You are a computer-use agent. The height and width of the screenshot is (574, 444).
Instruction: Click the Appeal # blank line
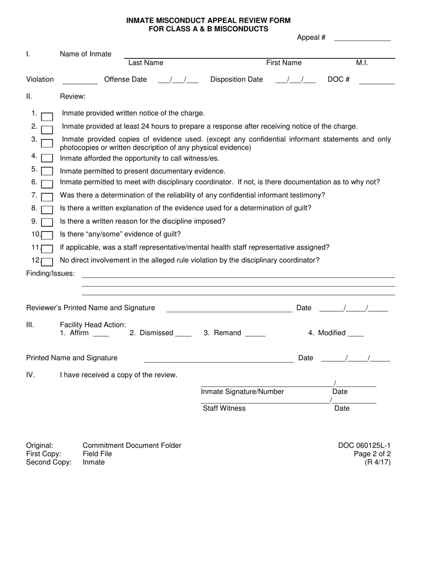click(362, 39)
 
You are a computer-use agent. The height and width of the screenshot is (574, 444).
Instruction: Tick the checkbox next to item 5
click(47, 171)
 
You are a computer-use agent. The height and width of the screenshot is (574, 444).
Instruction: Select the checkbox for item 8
click(47, 210)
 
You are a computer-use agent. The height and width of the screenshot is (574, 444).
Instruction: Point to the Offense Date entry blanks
click(178, 80)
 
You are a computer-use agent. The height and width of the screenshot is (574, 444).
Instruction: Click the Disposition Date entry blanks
click(295, 80)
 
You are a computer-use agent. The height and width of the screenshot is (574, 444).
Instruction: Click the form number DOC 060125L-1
click(364, 446)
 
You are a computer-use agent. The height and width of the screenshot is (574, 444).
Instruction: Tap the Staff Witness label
click(224, 408)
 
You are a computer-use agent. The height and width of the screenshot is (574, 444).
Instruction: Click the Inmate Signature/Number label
click(242, 392)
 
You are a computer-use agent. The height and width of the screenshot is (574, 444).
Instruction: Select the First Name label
click(284, 63)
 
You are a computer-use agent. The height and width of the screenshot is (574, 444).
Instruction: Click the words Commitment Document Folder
click(132, 446)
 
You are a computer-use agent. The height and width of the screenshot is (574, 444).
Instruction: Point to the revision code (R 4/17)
click(378, 462)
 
